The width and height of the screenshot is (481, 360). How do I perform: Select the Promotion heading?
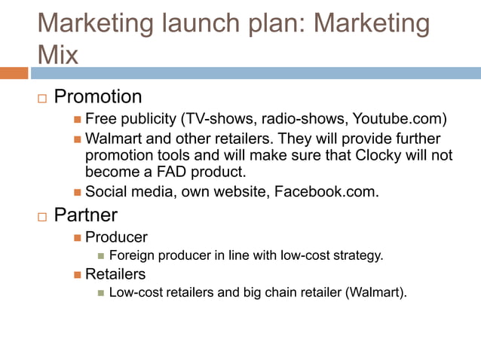(98, 96)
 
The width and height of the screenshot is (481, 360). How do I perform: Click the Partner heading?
(85, 215)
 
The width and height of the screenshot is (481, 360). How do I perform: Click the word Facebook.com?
(335, 192)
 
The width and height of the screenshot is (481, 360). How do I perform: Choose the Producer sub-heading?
(116, 237)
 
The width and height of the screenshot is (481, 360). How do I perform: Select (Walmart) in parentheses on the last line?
(375, 292)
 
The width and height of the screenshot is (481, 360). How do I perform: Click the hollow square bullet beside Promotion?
(42, 98)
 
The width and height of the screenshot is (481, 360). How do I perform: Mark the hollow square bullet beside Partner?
(42, 216)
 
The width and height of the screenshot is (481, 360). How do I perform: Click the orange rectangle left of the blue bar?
(14, 73)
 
